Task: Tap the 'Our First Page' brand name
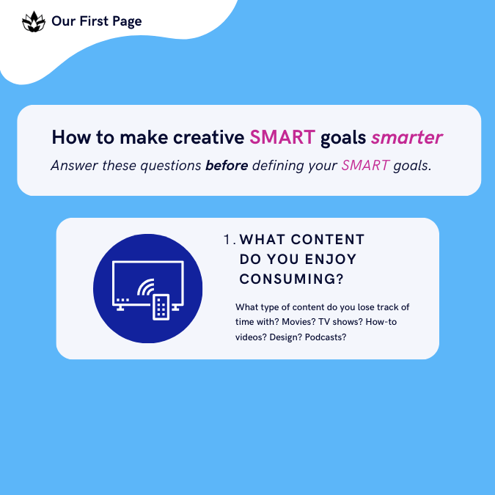[96, 21]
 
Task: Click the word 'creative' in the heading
[208, 137]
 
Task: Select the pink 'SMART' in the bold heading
[282, 137]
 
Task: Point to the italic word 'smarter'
[407, 137]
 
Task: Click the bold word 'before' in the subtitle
[227, 166]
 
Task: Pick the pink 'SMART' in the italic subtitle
[365, 166]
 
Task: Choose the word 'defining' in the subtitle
[280, 166]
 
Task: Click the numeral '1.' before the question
[230, 240]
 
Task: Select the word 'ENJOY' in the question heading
[326, 260]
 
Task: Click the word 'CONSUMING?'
[293, 279]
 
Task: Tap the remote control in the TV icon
[161, 307]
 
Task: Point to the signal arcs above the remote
[147, 286]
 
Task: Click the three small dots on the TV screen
[122, 299]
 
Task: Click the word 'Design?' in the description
[282, 337]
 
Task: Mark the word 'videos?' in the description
[250, 337]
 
